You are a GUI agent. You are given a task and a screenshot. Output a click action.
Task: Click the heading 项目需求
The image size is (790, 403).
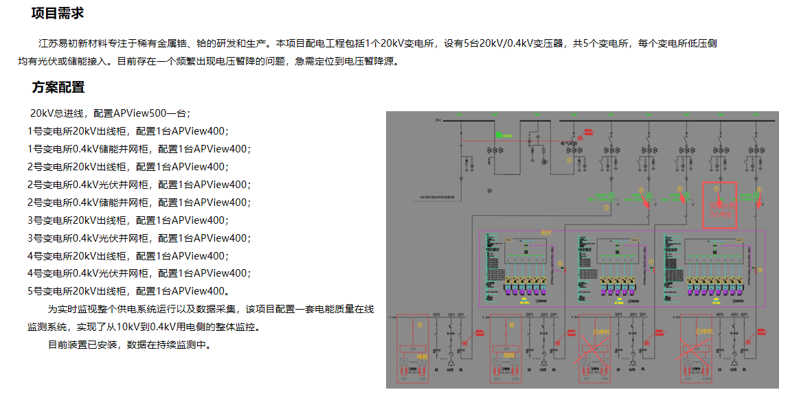tap(58, 13)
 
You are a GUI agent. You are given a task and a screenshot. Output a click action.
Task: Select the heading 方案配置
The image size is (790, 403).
tap(58, 87)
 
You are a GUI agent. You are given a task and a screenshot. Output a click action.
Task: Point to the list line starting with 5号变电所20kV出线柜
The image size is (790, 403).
tap(127, 291)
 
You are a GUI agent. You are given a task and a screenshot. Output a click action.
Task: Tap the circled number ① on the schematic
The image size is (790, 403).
tap(569, 159)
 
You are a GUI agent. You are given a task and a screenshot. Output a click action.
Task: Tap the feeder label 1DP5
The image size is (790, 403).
tap(436, 315)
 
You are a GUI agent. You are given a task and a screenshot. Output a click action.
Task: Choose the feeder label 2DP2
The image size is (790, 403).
tap(543, 315)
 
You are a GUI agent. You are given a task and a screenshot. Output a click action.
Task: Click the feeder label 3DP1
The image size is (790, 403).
tap(644, 315)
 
